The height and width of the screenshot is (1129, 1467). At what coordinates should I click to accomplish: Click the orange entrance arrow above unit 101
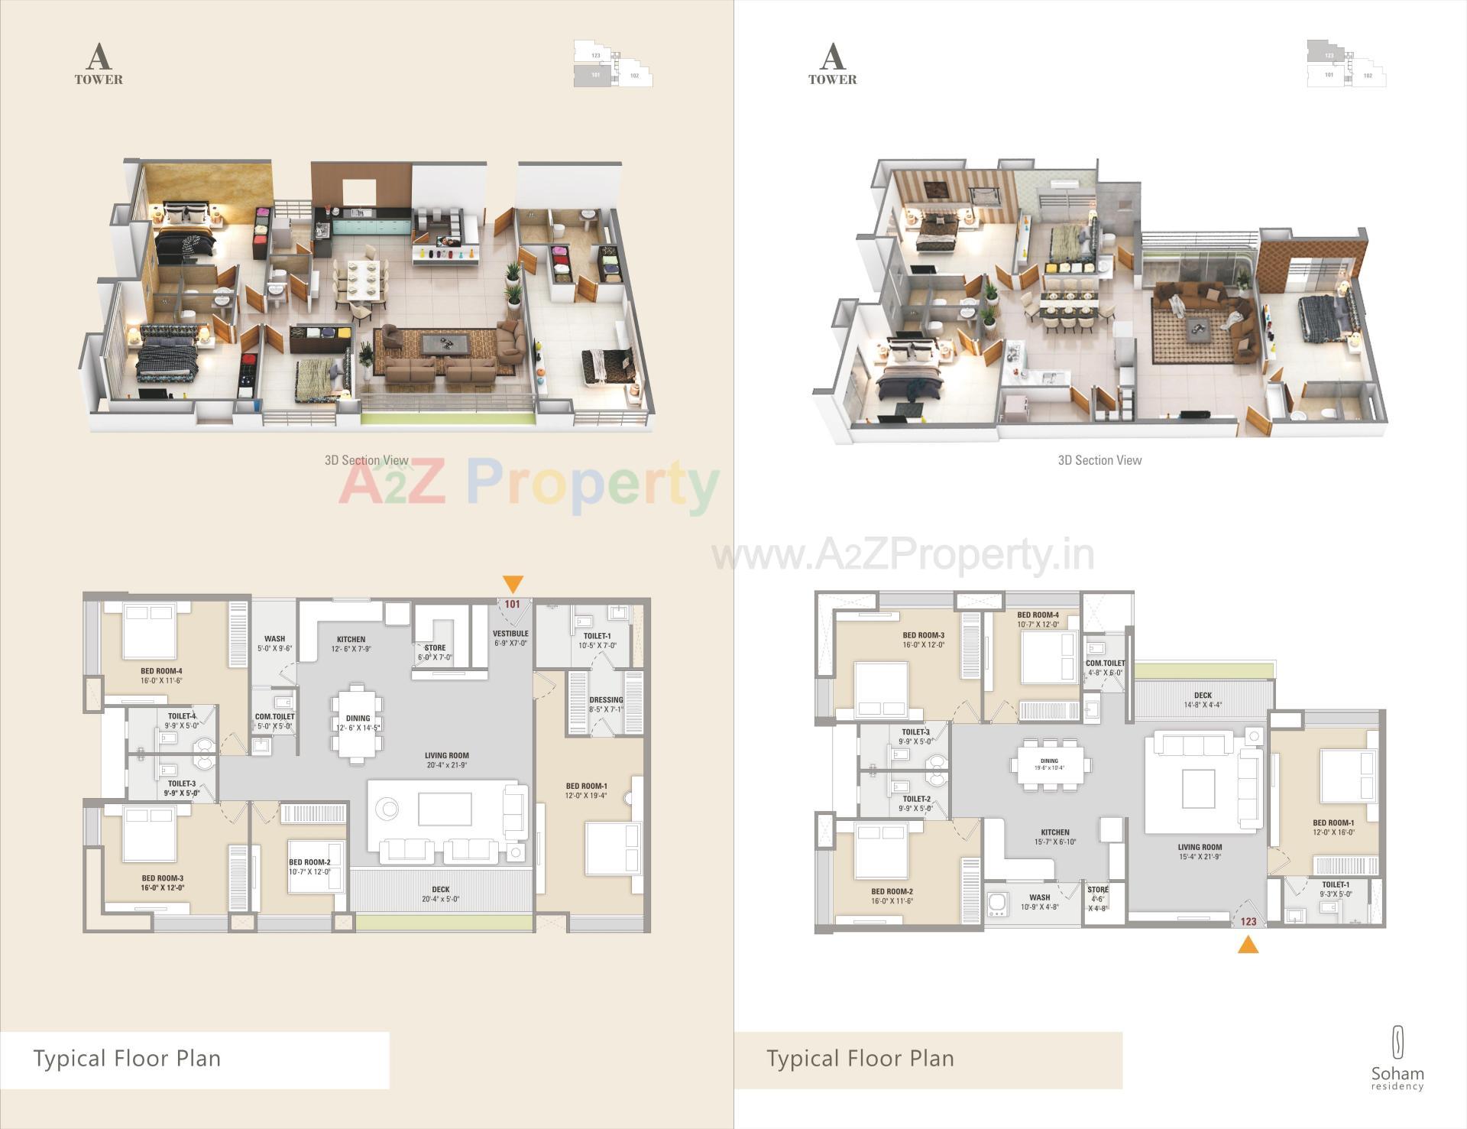[513, 584]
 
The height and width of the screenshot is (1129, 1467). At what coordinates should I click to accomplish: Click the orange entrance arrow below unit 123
[1248, 946]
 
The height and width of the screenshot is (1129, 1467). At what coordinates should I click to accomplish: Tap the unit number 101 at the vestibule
[512, 604]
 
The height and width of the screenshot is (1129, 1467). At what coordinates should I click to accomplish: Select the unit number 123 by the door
[1248, 921]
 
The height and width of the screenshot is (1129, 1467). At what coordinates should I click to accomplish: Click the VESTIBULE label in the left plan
[510, 634]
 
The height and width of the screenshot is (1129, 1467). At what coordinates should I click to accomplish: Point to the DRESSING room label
[606, 700]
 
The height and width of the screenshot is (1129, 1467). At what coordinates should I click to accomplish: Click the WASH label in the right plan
[1039, 897]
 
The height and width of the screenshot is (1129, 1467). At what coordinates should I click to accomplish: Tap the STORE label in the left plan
[435, 648]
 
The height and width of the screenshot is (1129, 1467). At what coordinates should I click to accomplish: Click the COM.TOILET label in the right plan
[1105, 663]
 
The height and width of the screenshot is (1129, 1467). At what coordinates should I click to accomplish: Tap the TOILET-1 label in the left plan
[597, 636]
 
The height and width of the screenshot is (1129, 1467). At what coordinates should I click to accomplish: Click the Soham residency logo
[1397, 1059]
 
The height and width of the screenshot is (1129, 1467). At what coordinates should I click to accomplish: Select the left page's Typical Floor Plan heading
[127, 1059]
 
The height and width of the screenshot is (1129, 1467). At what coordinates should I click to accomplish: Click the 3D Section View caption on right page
[1099, 460]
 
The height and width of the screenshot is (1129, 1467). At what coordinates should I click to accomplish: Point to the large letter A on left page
[97, 57]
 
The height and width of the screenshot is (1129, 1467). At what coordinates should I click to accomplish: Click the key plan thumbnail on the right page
[1346, 63]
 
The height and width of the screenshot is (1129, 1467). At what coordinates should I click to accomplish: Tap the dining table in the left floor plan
[357, 723]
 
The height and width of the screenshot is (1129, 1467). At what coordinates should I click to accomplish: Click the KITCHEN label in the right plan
[1054, 832]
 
